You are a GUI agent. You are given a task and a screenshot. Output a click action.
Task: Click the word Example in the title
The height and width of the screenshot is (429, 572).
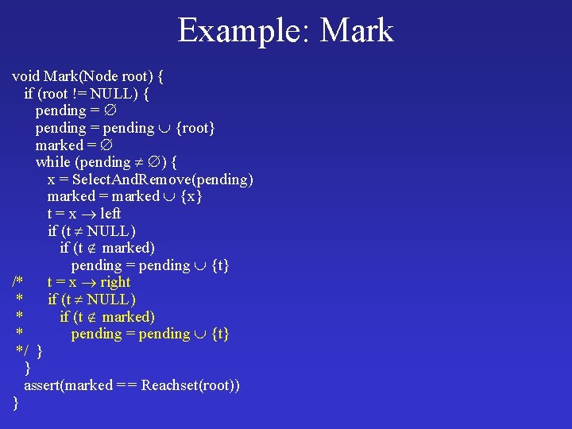click(236, 31)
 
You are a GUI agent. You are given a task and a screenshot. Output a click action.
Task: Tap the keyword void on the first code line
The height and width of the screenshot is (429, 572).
click(26, 76)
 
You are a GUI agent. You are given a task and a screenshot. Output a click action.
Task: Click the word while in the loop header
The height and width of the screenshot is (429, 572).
click(53, 162)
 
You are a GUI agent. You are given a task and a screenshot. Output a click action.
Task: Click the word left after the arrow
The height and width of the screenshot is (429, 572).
click(110, 214)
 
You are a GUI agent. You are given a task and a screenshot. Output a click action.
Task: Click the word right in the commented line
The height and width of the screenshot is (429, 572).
click(114, 282)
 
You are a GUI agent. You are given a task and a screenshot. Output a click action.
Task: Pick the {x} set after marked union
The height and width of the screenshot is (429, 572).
click(191, 196)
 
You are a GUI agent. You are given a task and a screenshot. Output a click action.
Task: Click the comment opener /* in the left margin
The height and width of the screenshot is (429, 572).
click(18, 282)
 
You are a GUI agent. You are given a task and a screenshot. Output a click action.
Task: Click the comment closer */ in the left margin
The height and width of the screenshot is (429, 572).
click(23, 351)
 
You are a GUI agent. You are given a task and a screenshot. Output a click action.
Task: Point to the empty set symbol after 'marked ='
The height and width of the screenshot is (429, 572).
click(106, 145)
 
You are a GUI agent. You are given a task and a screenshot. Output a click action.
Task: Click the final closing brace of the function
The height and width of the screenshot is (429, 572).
click(15, 403)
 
